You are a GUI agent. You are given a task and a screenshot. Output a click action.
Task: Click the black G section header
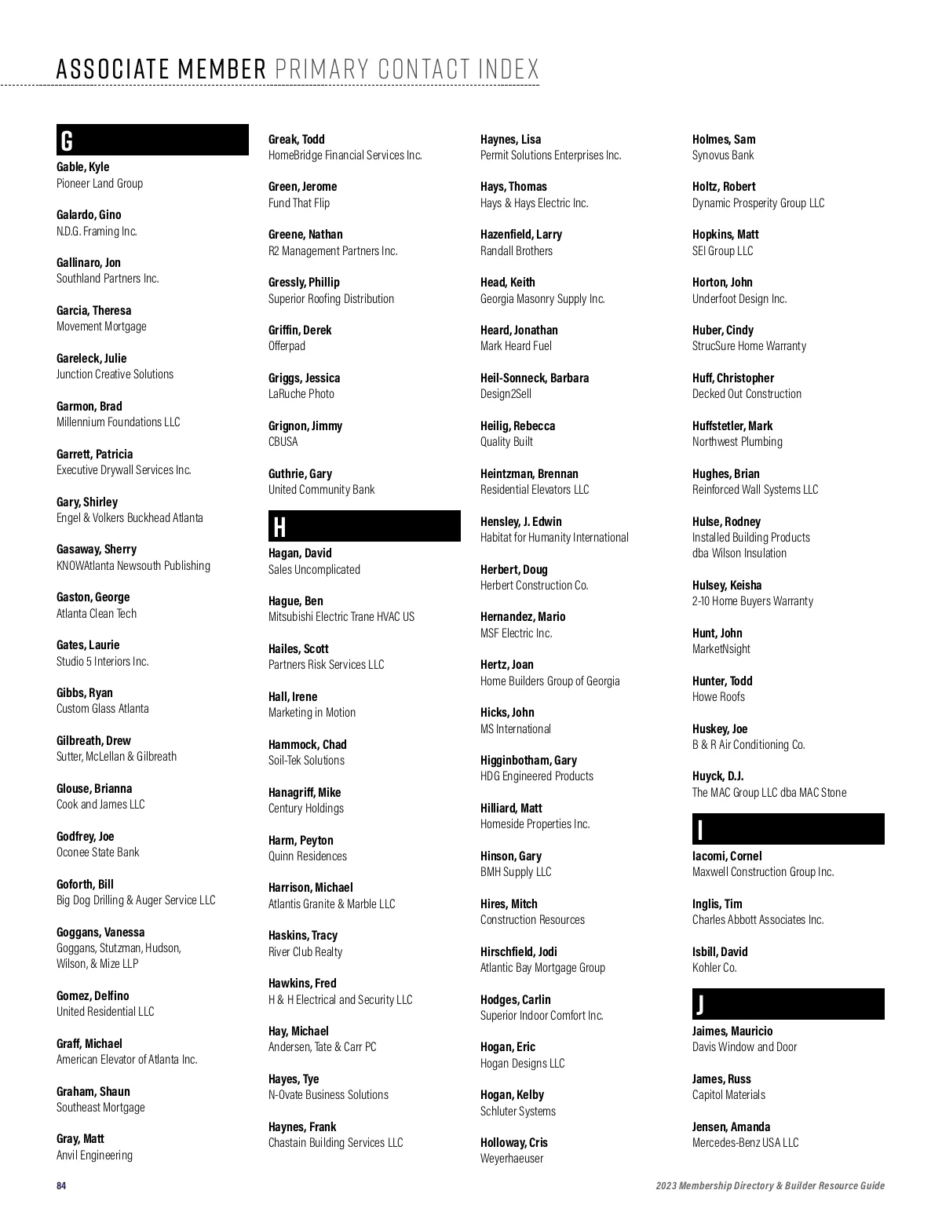click(x=152, y=140)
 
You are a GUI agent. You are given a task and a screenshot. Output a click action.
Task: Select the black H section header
click(x=364, y=526)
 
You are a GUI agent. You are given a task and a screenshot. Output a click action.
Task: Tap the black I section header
click(x=788, y=829)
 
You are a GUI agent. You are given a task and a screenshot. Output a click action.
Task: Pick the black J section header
click(x=788, y=1004)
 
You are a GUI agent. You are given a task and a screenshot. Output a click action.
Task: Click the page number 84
click(x=61, y=1185)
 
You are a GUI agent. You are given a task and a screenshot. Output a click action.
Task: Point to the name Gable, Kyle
click(x=82, y=166)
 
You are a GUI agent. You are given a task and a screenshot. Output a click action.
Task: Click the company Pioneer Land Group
click(x=100, y=183)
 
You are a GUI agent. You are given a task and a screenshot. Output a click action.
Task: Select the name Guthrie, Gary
click(x=300, y=473)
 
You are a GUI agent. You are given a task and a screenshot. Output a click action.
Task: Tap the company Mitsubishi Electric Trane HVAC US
click(x=341, y=617)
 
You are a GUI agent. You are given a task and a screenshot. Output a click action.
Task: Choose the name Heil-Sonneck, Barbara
click(x=535, y=378)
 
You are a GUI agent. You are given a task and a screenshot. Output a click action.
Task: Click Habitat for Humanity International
click(x=554, y=538)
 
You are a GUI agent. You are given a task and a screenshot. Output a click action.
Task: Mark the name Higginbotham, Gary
click(x=528, y=760)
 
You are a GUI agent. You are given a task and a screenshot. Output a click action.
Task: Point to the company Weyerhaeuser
click(x=512, y=1159)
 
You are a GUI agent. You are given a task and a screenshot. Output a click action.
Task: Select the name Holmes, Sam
click(x=724, y=139)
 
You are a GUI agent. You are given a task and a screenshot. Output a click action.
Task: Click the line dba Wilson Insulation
click(x=739, y=553)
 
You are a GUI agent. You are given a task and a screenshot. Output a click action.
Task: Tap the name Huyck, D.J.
click(x=717, y=776)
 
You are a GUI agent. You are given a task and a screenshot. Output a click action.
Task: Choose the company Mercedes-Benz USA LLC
click(x=745, y=1143)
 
